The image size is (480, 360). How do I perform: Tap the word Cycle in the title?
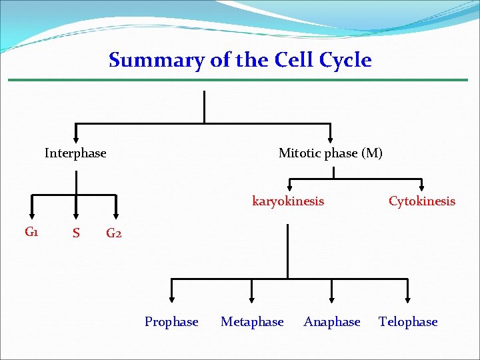point(345,60)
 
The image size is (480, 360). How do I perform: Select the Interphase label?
point(75,153)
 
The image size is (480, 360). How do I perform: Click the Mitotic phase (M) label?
point(331,153)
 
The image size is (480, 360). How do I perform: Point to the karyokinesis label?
point(288,201)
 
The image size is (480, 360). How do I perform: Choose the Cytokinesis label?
point(422,201)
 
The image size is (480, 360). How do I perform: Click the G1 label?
point(31,232)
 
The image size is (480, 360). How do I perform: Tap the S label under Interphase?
point(76,233)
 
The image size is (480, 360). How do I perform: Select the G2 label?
point(114,233)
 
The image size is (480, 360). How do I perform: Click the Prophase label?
point(171,322)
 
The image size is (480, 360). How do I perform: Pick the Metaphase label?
point(252,322)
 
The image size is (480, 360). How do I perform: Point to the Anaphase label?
point(332,322)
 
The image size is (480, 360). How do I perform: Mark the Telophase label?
point(408,322)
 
